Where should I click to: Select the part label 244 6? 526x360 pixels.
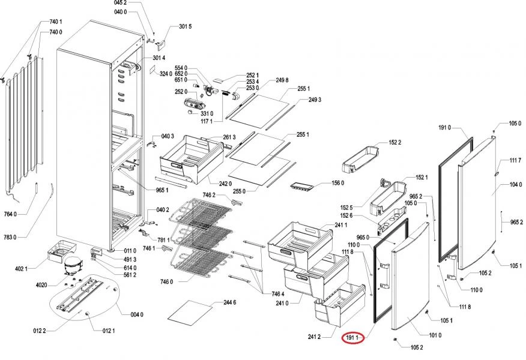tap(230, 302)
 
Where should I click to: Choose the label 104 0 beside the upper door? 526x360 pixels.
tap(516, 185)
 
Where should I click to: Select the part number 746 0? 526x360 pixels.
tap(166, 281)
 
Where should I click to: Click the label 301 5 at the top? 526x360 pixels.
tap(185, 27)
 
